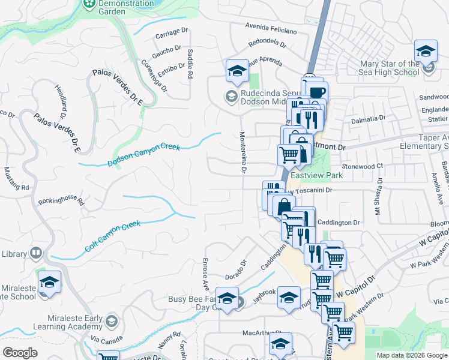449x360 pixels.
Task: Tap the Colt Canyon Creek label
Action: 112,236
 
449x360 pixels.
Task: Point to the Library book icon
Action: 36,254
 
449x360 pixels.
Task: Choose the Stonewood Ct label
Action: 362,165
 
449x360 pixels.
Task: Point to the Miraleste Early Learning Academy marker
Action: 110,322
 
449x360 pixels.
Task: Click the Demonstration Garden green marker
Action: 88,4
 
